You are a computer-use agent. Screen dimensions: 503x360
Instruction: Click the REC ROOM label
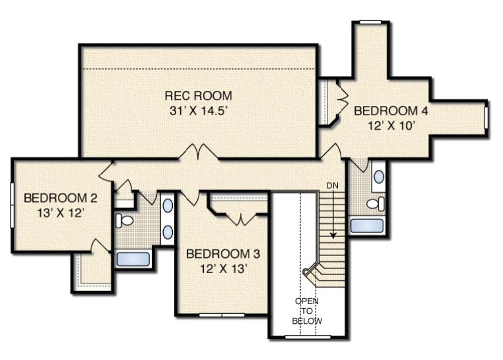(199, 95)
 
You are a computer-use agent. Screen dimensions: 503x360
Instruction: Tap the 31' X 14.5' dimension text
(199, 111)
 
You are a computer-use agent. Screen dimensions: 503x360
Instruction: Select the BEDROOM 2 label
(60, 198)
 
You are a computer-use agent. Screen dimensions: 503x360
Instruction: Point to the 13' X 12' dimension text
(60, 213)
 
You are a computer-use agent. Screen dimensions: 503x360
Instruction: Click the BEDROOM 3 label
(223, 254)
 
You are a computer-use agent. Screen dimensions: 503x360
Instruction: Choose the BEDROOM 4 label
(391, 111)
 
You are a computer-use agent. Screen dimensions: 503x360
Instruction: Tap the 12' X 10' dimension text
(391, 126)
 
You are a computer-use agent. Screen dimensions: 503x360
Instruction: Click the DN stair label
(332, 186)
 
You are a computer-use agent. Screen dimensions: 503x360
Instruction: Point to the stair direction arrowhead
(333, 236)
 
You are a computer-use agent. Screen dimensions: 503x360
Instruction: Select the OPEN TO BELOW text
(307, 311)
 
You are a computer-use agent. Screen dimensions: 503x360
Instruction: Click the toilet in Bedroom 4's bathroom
(375, 203)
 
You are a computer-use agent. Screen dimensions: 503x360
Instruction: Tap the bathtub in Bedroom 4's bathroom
(367, 226)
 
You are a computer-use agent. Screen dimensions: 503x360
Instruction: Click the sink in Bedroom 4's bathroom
(379, 176)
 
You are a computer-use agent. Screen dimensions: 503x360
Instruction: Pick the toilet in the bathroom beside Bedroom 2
(124, 220)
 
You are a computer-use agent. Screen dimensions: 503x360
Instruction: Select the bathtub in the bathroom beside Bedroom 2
(133, 259)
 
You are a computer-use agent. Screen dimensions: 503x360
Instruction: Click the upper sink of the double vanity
(168, 205)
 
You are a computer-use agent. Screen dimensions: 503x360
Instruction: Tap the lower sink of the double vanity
(168, 232)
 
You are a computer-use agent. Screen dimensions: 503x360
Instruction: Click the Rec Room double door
(199, 151)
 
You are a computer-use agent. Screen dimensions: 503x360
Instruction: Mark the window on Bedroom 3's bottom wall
(222, 315)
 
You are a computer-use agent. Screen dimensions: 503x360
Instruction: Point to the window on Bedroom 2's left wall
(12, 205)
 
